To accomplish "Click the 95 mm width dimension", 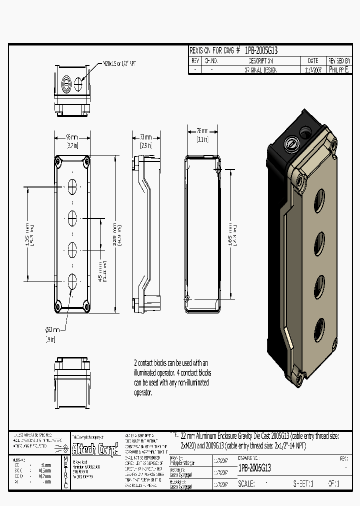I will (x=72, y=137).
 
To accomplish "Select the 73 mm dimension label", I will (x=145, y=137).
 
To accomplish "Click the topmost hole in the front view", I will (x=72, y=187).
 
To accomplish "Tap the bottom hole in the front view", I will (x=72, y=280).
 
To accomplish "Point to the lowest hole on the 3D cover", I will (x=319, y=330).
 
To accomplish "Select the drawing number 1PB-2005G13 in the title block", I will (x=254, y=468).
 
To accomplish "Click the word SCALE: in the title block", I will (x=246, y=483).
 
